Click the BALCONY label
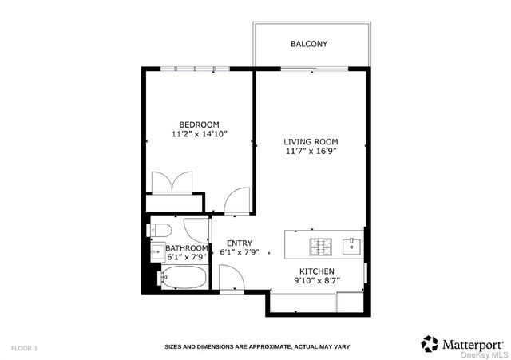(x=309, y=44)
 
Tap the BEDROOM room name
(x=199, y=125)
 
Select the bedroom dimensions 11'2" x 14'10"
(x=199, y=135)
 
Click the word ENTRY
(x=240, y=243)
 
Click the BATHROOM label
(x=187, y=248)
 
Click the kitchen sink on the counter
(x=351, y=246)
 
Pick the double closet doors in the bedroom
(x=173, y=180)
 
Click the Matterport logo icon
(x=430, y=343)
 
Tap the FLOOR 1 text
(x=24, y=348)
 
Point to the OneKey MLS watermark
(x=489, y=354)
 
